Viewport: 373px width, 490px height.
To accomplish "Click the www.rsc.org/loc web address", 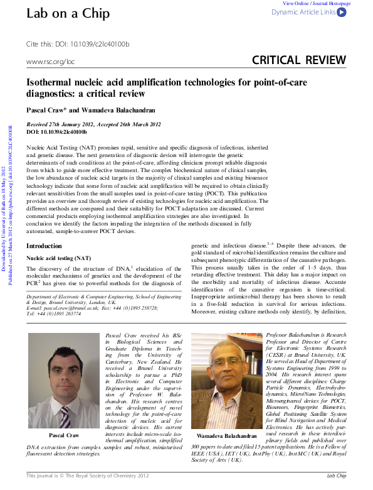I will [x=50, y=62].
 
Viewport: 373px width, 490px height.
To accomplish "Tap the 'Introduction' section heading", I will [x=44, y=246].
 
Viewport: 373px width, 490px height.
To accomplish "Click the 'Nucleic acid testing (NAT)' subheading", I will [x=58, y=258].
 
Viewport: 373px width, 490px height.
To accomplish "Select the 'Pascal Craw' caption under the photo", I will [x=63, y=435].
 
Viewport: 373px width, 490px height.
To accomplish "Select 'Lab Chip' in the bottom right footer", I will [x=340, y=476].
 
